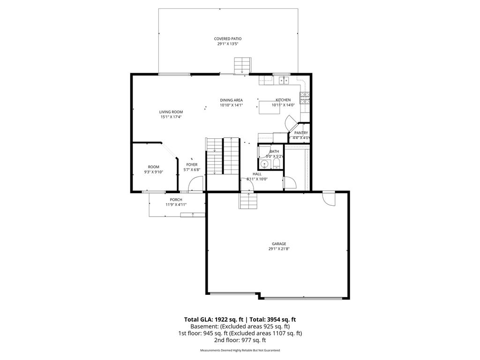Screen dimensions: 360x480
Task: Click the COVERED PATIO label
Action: pyautogui.click(x=228, y=39)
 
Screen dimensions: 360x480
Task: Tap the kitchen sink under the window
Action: pyautogui.click(x=284, y=81)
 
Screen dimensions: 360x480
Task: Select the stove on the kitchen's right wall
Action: pyautogui.click(x=305, y=97)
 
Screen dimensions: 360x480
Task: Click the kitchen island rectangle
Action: pyautogui.click(x=271, y=107)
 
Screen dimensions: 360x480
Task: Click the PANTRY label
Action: pyautogui.click(x=301, y=133)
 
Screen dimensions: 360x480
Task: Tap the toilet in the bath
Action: pyautogui.click(x=277, y=163)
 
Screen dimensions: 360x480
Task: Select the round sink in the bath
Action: pyautogui.click(x=264, y=164)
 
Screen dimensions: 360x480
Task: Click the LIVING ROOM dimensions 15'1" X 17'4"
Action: pyautogui.click(x=171, y=117)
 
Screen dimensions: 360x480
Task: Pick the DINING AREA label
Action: pyautogui.click(x=231, y=100)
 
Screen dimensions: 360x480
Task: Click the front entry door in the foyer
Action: pyautogui.click(x=196, y=185)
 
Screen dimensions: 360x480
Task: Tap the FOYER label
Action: pyautogui.click(x=192, y=165)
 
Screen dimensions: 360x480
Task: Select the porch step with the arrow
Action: pyautogui.click(x=193, y=215)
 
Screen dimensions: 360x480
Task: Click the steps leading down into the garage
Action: pyautogui.click(x=249, y=202)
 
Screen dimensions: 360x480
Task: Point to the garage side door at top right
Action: pyautogui.click(x=329, y=199)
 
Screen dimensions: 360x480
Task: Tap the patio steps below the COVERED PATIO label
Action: pyautogui.click(x=243, y=66)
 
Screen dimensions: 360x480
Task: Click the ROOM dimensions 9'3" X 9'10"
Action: pyautogui.click(x=153, y=172)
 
